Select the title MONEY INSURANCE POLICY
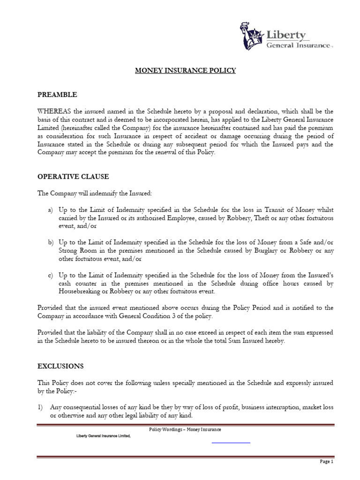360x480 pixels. click(186, 71)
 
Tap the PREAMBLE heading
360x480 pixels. click(57, 95)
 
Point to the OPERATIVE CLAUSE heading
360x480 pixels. click(73, 177)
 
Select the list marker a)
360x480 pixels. click(51, 210)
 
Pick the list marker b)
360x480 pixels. click(51, 242)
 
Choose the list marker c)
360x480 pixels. click(51, 275)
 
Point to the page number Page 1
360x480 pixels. click(326, 461)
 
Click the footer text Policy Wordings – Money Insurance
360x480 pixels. click(185, 429)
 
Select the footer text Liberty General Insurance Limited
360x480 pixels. click(103, 435)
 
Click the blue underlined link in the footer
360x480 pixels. click(231, 442)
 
